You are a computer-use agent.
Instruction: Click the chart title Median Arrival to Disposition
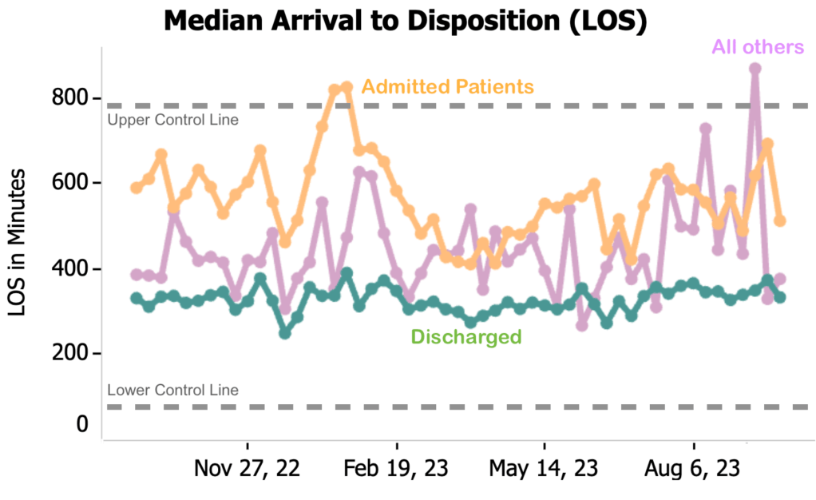pos(405,21)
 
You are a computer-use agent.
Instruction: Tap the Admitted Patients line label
pos(447,85)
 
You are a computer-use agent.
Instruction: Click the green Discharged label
pos(465,337)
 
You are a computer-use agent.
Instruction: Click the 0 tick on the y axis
pos(82,425)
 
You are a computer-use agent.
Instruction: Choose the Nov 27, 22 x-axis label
pos(248,468)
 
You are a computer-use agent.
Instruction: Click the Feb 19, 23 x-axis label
pos(396,468)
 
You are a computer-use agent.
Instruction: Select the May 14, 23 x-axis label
pos(545,468)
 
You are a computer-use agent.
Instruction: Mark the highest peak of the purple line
pos(755,69)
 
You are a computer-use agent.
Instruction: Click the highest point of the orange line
pos(347,86)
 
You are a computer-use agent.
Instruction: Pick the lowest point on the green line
pos(285,333)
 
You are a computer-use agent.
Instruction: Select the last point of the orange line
pos(780,220)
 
